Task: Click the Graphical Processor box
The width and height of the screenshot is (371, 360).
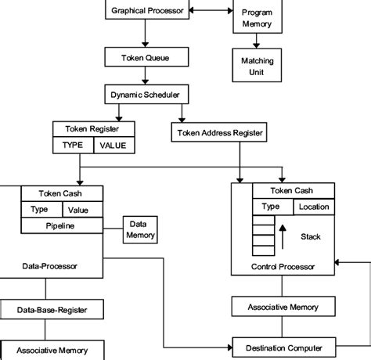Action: (x=147, y=9)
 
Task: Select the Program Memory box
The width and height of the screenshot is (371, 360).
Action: (x=258, y=16)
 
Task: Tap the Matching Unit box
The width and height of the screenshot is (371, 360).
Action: (x=257, y=65)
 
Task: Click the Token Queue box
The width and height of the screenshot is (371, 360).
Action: (x=146, y=57)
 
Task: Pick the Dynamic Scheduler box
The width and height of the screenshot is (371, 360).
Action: (x=146, y=94)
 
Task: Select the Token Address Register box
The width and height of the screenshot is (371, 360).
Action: (x=219, y=132)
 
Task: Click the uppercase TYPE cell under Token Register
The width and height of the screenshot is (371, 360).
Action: (x=73, y=145)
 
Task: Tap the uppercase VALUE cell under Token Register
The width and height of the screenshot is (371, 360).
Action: (x=114, y=145)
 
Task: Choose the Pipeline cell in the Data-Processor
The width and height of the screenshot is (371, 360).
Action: (x=62, y=225)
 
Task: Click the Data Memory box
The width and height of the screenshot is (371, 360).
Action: (x=140, y=230)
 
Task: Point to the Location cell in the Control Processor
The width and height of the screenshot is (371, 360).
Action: (x=314, y=207)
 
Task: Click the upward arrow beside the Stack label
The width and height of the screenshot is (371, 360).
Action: (x=283, y=237)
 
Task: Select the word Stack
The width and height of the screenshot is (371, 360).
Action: (x=311, y=236)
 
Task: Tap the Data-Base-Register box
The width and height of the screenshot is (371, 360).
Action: (x=52, y=309)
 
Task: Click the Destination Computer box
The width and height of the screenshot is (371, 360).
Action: (x=284, y=347)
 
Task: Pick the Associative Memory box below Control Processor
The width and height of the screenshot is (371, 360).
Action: (x=283, y=307)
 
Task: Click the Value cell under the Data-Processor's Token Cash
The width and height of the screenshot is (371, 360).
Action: (x=83, y=210)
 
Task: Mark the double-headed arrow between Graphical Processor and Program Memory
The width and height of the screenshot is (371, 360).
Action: (x=211, y=10)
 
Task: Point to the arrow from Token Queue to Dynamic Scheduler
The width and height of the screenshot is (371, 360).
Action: (x=146, y=75)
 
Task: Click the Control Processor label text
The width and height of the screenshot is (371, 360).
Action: (x=283, y=267)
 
